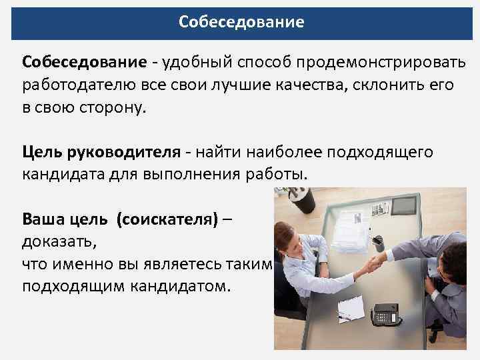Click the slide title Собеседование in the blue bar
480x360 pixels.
click(241, 22)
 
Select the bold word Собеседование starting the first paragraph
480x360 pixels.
click(84, 62)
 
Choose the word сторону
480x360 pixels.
click(107, 109)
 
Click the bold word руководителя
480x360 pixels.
click(123, 152)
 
